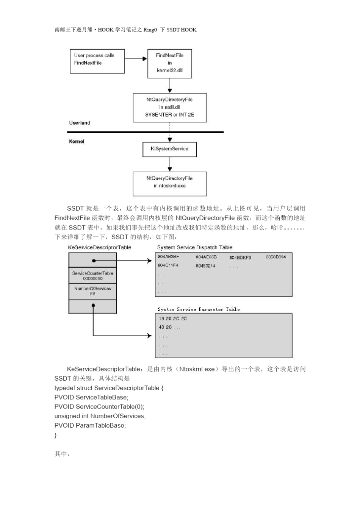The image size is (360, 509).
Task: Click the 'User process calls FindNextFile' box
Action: (x=97, y=61)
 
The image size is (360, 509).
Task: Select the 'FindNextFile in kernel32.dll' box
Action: (x=169, y=63)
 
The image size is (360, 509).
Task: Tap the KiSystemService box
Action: (x=169, y=149)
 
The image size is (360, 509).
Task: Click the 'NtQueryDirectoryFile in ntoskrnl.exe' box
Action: (x=169, y=184)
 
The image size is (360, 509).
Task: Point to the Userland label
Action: (x=80, y=123)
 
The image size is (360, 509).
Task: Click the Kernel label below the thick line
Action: (x=77, y=141)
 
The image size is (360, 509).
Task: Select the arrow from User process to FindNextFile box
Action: (x=136, y=59)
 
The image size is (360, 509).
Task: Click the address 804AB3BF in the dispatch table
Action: (x=168, y=257)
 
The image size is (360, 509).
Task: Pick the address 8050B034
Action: (x=275, y=257)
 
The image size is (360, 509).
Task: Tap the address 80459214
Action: (x=205, y=266)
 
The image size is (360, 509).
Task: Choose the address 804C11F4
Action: (x=168, y=265)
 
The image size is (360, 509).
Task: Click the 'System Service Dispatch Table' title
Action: (x=195, y=247)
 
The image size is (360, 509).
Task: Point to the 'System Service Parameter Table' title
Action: (x=199, y=309)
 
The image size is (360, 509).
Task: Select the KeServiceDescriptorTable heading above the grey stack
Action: (x=100, y=247)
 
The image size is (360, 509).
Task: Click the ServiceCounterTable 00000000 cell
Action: (x=92, y=276)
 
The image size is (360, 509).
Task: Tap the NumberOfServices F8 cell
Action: (x=92, y=291)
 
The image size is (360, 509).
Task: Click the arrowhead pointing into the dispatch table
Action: (x=149, y=261)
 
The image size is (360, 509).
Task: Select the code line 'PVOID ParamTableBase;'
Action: (x=90, y=425)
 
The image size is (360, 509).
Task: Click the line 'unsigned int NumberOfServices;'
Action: (x=100, y=416)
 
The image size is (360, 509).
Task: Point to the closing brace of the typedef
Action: (x=56, y=435)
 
